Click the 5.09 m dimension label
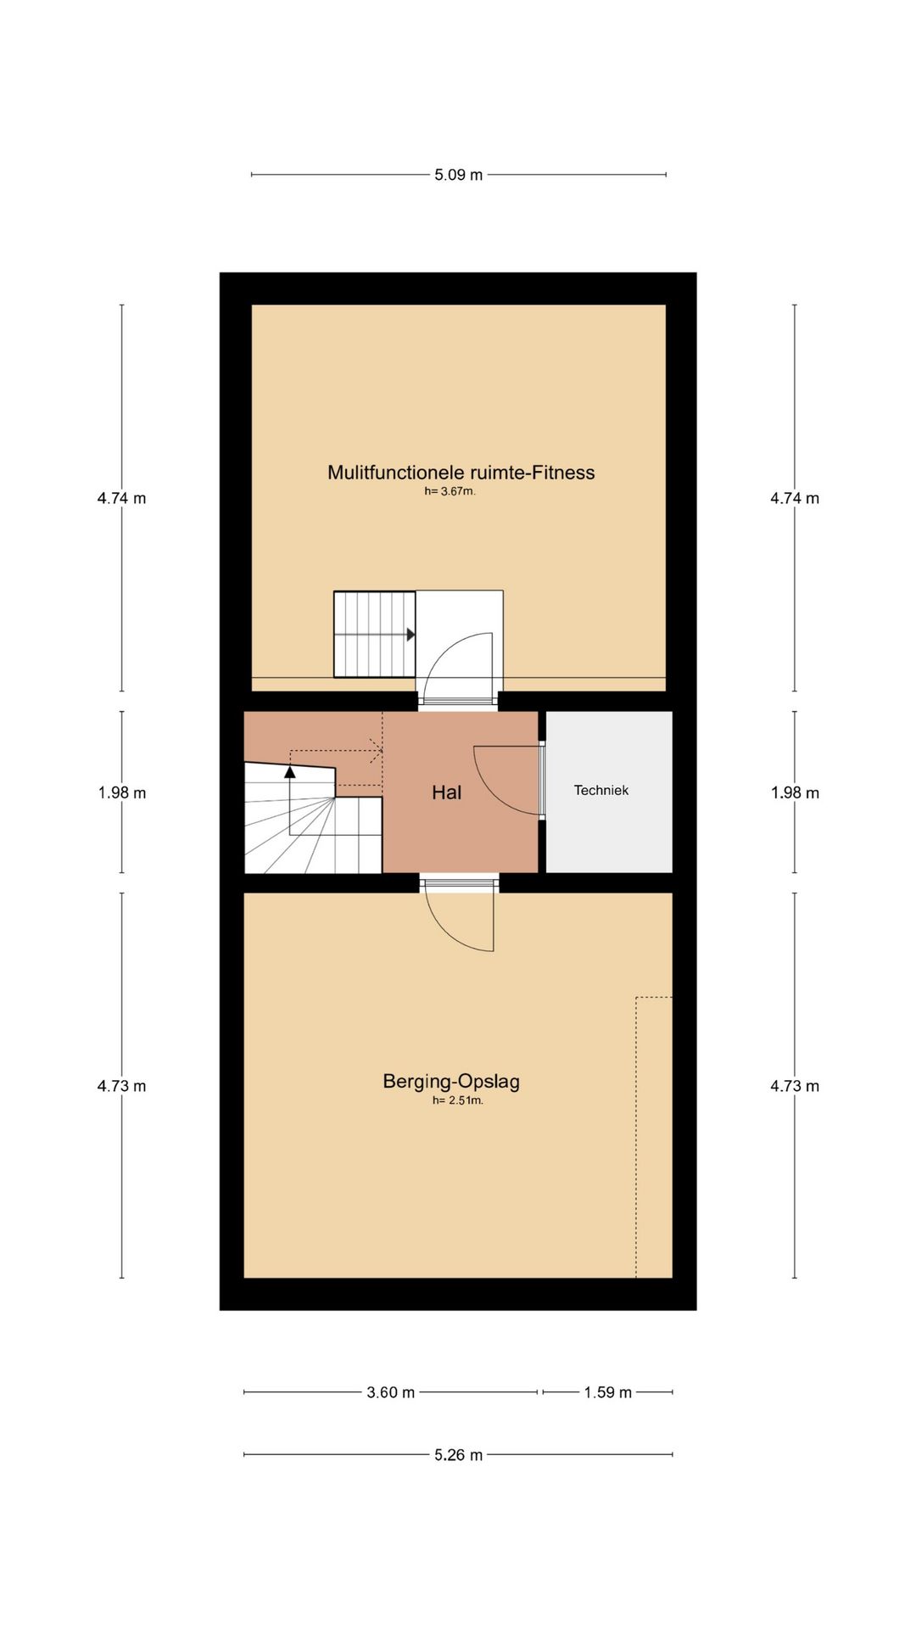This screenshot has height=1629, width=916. (x=458, y=175)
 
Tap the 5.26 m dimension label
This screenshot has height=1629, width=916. (x=458, y=1455)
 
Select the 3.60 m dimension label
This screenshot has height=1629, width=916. (x=390, y=1392)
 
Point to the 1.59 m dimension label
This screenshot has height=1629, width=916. (x=607, y=1392)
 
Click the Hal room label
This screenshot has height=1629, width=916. (x=446, y=792)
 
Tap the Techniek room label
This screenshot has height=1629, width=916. (x=601, y=790)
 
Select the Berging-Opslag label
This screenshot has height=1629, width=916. (x=451, y=1081)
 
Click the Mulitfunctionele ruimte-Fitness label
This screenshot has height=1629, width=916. (x=461, y=473)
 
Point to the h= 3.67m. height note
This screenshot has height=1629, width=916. (x=450, y=491)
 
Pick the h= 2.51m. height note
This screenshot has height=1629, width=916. (x=458, y=1100)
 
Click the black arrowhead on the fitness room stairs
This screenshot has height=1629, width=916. (x=411, y=635)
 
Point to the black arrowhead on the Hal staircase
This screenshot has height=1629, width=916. (x=290, y=771)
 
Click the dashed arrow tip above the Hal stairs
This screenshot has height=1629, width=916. (x=382, y=751)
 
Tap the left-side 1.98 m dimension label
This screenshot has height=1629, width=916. (x=122, y=792)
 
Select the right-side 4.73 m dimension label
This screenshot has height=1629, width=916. (x=795, y=1086)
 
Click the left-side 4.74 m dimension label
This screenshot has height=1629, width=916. (x=122, y=498)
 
